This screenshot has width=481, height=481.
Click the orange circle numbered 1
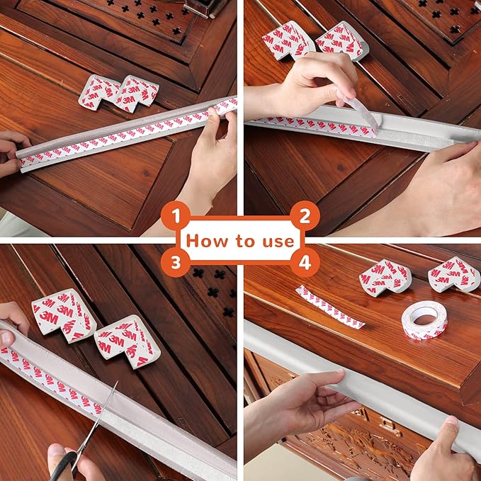pyautogui.click(x=176, y=215)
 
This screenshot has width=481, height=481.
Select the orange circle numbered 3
pyautogui.click(x=176, y=263)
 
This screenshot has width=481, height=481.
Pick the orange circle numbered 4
pyautogui.click(x=305, y=263)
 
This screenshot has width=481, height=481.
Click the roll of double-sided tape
pyautogui.click(x=424, y=320)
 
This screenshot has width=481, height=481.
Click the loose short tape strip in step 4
pyautogui.click(x=330, y=307)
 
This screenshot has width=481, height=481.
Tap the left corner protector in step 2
pyautogui.click(x=288, y=40)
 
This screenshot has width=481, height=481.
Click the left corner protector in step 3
pyautogui.click(x=64, y=315)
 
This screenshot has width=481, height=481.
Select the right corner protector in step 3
pyautogui.click(x=128, y=341)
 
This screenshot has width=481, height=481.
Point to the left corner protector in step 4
pyautogui.click(x=385, y=278)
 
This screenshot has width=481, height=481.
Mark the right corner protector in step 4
pyautogui.click(x=453, y=275)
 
